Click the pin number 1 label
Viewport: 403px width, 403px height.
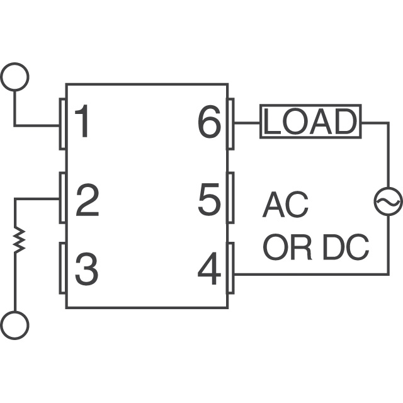click(83, 123)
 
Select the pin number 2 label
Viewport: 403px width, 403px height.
click(87, 201)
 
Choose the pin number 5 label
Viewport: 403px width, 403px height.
click(210, 201)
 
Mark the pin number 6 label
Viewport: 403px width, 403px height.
click(210, 123)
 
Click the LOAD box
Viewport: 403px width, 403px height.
click(310, 122)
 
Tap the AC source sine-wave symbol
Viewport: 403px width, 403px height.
click(387, 201)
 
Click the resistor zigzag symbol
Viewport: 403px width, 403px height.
click(20, 240)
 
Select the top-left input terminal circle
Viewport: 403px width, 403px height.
click(15, 77)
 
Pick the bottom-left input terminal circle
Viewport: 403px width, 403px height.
click(15, 325)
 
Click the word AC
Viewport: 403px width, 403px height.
click(285, 205)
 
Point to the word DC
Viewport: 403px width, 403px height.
click(345, 249)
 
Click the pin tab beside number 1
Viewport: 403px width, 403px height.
click(63, 123)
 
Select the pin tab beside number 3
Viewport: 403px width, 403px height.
click(63, 268)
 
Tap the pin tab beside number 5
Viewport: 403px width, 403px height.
click(230, 197)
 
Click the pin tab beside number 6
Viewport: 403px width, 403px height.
click(230, 123)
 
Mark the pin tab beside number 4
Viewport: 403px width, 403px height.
click(230, 269)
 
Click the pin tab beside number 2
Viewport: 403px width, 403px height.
click(63, 198)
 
